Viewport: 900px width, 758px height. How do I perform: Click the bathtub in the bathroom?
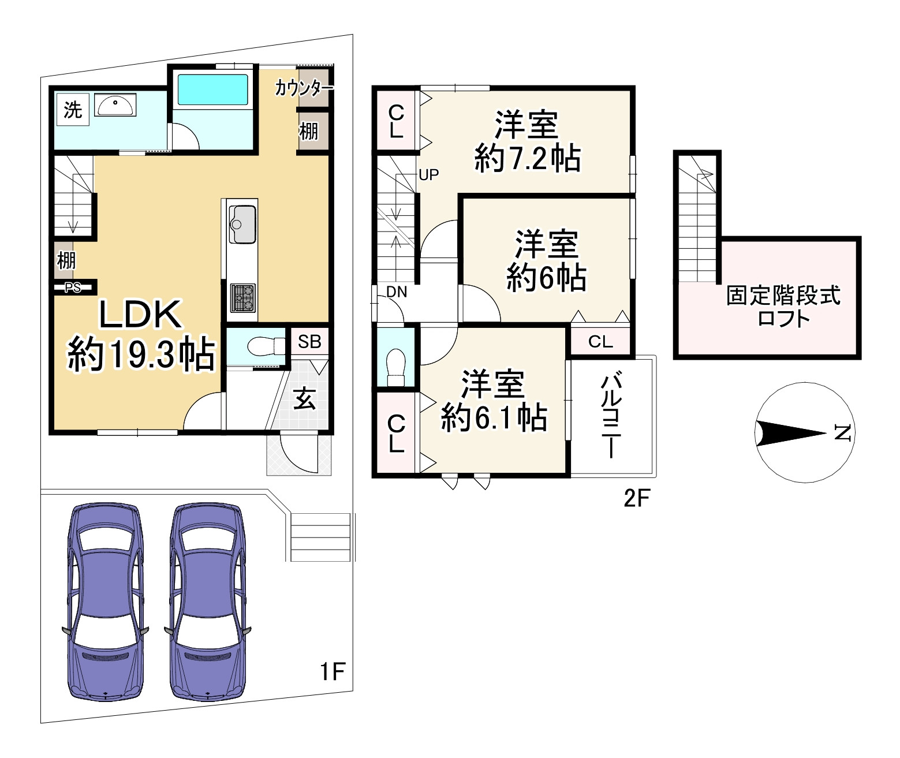212,89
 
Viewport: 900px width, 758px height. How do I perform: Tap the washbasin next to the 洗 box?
115,105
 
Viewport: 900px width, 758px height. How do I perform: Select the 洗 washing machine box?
73,110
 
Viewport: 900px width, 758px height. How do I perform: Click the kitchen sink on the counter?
242,224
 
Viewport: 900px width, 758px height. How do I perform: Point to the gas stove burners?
242,297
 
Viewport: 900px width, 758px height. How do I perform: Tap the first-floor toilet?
266,347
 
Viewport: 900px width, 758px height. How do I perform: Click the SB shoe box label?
309,342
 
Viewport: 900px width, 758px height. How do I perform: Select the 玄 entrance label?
305,398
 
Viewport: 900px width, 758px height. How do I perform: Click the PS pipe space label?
73,287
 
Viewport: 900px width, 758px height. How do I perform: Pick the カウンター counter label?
304,88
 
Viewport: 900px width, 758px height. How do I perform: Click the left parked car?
104,600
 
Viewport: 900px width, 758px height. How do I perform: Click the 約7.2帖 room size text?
527,158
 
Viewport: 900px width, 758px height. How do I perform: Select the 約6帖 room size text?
546,278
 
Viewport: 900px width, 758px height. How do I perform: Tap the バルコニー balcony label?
611,416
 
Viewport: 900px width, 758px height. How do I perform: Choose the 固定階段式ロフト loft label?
783,307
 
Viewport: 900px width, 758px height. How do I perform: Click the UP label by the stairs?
428,174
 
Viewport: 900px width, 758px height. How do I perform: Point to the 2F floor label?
637,498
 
